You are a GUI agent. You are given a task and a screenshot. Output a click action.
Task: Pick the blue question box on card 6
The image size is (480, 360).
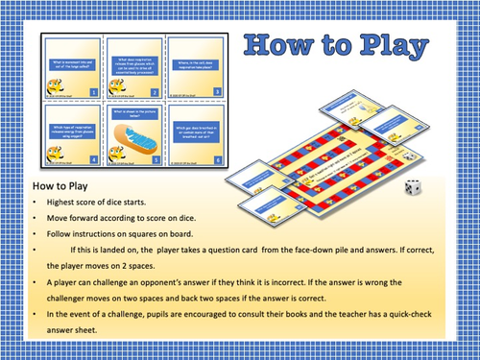[x=193, y=129]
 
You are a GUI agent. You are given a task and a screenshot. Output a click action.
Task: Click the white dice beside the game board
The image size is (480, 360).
[x=413, y=188]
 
